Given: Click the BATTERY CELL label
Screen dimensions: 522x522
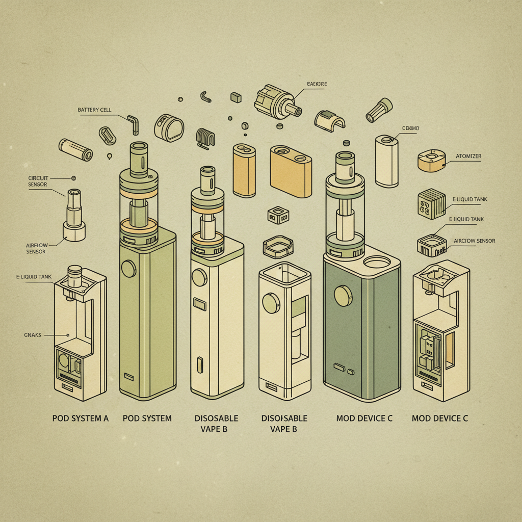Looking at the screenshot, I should coord(94,110).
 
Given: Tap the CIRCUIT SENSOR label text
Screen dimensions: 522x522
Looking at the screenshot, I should coord(39,181).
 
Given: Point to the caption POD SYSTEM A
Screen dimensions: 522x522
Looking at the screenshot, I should coord(81,419).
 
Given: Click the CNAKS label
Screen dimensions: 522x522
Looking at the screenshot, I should coord(32,335).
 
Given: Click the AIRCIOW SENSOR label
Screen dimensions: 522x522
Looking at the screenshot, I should coord(474,241).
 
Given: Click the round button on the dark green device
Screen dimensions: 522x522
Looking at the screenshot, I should coord(342,295).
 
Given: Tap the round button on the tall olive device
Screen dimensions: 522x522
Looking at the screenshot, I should coord(129,268).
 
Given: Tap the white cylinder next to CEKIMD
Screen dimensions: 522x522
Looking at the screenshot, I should coord(386,161).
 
